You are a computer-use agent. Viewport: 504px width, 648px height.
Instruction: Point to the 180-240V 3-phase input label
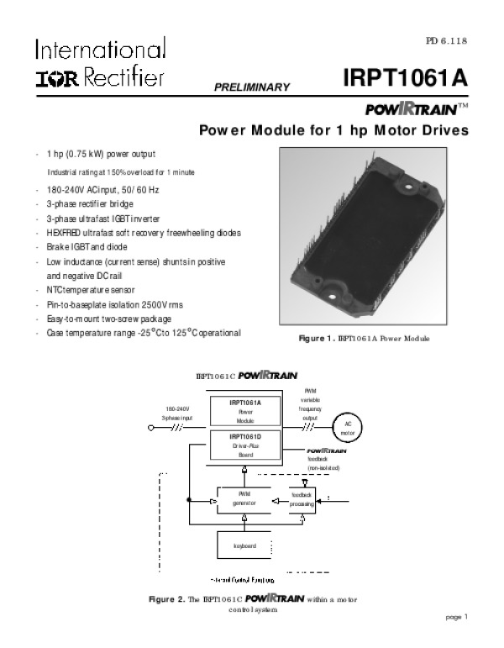(178, 414)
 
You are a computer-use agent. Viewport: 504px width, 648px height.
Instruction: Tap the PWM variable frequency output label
(310, 404)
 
